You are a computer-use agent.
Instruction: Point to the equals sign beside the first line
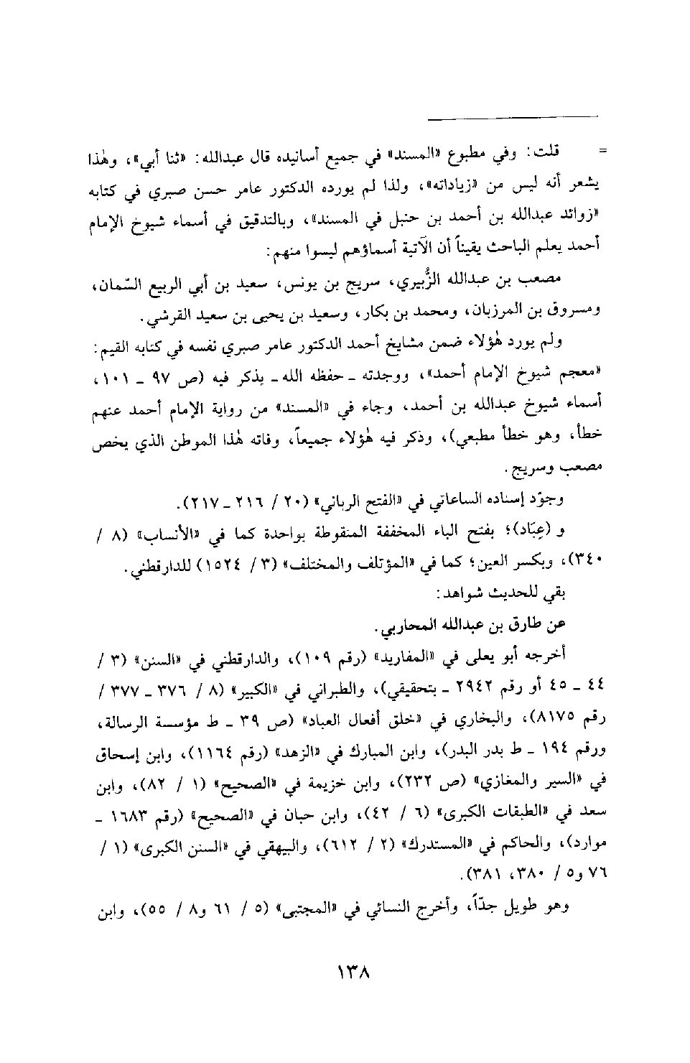[x=602, y=153]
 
